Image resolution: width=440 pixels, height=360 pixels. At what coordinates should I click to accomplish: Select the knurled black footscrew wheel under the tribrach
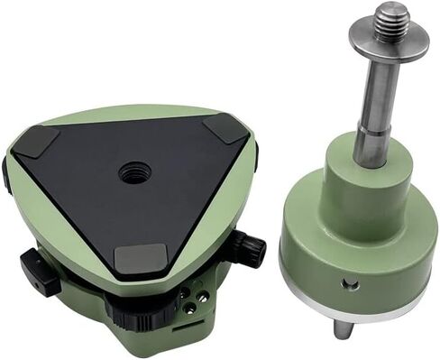pos(126,311)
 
